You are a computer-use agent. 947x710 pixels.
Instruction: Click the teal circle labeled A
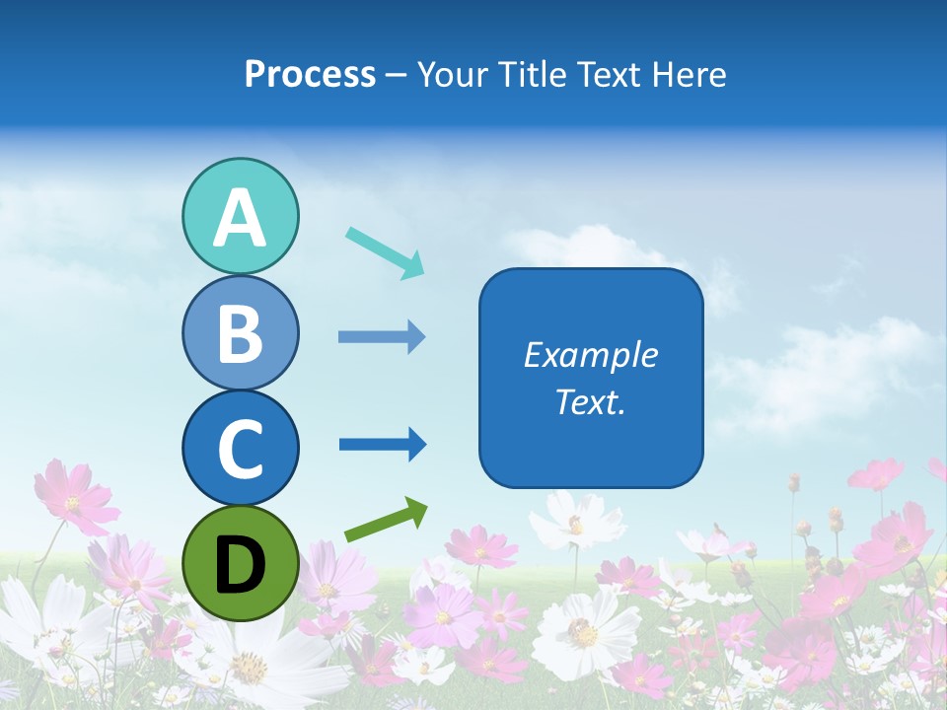coord(240,216)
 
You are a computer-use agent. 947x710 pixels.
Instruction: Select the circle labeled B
coord(240,332)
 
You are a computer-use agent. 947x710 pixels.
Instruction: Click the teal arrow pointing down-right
coord(385,252)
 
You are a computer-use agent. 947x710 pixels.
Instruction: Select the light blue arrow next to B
coord(382,337)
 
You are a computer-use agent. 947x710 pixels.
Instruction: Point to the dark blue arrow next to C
coord(382,444)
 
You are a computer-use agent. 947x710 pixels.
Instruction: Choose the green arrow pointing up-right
coord(386,521)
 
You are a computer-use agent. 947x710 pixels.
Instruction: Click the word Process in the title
coord(310,74)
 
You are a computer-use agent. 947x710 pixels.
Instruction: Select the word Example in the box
coord(590,355)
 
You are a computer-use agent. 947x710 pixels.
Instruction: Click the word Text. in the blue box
coord(590,401)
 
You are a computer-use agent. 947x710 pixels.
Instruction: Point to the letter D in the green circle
coord(240,564)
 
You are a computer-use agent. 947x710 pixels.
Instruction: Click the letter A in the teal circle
coord(240,218)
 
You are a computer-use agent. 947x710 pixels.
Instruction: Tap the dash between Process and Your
coord(397,75)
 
